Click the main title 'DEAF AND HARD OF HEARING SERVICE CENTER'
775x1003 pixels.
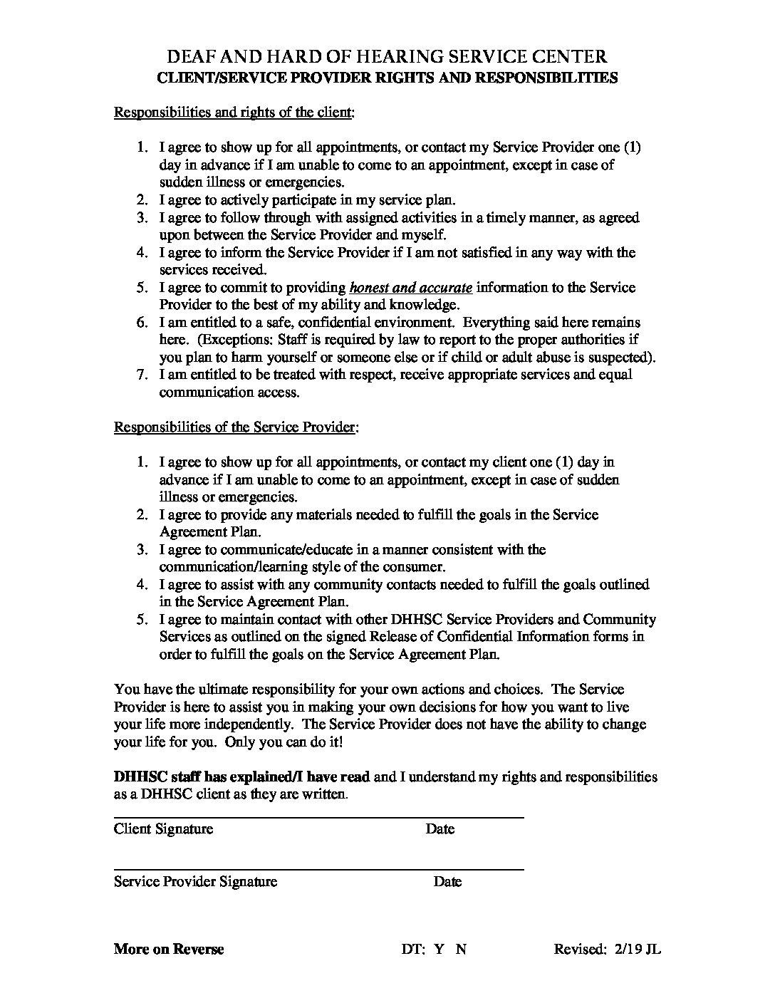click(x=387, y=57)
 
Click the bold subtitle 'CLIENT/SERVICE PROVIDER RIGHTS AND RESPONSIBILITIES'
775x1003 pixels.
click(x=387, y=78)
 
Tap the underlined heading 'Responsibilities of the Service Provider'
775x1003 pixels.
click(x=235, y=427)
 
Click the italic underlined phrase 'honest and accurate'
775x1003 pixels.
click(x=411, y=288)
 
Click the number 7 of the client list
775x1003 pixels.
click(x=142, y=375)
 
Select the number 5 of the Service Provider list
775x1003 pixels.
click(x=142, y=619)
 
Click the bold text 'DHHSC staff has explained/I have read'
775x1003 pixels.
click(x=242, y=776)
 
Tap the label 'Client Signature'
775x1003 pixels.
click(x=163, y=828)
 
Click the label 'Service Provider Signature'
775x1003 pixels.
click(x=195, y=881)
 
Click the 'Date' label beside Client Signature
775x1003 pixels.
click(x=440, y=828)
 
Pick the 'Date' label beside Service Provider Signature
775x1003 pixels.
click(x=447, y=881)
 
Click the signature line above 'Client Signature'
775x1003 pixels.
click(x=318, y=817)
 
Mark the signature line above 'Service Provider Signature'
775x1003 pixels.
click(x=318, y=870)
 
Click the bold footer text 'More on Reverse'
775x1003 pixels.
click(x=169, y=949)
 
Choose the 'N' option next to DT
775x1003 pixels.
click(x=461, y=949)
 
